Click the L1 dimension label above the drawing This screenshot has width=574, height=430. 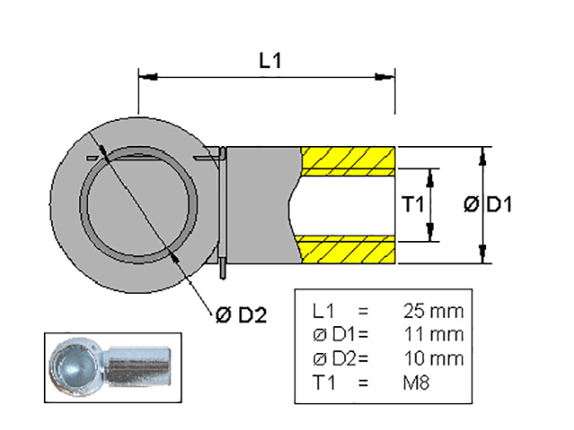pos(270,61)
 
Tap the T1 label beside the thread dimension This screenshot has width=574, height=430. pos(413,204)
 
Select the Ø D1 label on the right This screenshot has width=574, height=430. pos(488,204)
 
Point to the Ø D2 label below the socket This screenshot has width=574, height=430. pos(241,314)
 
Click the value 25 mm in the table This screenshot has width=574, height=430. pos(433,311)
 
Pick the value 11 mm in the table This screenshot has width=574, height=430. pos(434,334)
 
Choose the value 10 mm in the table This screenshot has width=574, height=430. pos(434,358)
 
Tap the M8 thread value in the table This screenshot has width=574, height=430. pos(416,383)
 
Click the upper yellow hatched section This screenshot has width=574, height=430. pos(348,161)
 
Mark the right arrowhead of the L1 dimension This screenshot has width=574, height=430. pos(385,77)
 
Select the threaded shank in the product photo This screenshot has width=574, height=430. pos(138,366)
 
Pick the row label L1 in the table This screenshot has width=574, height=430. pos(323,311)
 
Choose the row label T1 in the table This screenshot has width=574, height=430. pos(324,383)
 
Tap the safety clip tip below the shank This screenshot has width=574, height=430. pos(223,270)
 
